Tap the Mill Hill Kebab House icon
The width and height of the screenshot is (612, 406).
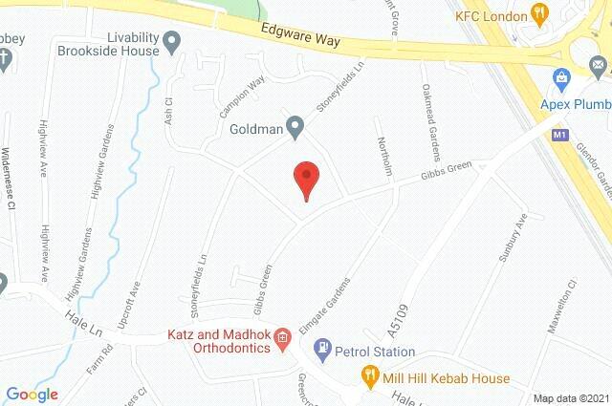tap(367, 376)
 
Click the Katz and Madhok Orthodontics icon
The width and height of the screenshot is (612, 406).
tap(282, 336)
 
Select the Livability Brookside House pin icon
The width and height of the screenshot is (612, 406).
tap(173, 41)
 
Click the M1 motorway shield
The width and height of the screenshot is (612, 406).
tap(560, 136)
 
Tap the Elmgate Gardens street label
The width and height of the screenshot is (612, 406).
tap(326, 303)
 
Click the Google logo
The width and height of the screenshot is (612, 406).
tap(32, 394)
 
